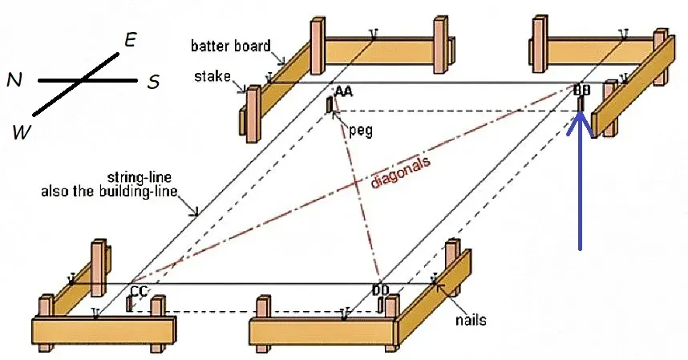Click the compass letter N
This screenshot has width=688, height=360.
(14, 80)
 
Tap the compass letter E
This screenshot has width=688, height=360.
(131, 40)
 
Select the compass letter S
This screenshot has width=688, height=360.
(153, 82)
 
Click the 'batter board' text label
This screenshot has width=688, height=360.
(231, 46)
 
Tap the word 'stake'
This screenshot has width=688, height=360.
(212, 76)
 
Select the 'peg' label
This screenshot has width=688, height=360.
(361, 130)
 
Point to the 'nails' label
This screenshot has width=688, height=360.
(471, 320)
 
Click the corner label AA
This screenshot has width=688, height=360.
(343, 91)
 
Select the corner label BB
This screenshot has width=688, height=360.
(582, 90)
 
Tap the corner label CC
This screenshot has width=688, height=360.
(139, 291)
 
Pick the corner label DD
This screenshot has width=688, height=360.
(380, 290)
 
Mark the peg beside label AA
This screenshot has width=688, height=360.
(330, 105)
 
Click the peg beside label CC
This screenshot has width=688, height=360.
(129, 304)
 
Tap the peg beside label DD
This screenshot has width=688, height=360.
(380, 305)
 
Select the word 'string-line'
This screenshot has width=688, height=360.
(139, 177)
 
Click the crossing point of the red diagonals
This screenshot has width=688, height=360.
(358, 184)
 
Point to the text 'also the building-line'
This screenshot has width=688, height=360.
(109, 192)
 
